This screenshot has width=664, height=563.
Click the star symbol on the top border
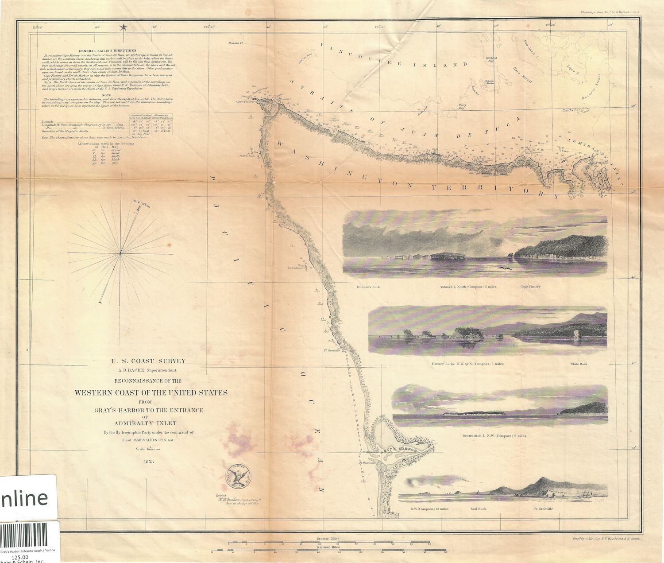(123, 27)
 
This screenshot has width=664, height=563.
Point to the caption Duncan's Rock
(368, 287)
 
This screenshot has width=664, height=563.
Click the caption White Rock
(579, 364)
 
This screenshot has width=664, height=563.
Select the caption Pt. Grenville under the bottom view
(544, 509)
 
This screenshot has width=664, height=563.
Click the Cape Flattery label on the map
(246, 101)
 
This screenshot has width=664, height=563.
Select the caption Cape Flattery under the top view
(530, 287)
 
